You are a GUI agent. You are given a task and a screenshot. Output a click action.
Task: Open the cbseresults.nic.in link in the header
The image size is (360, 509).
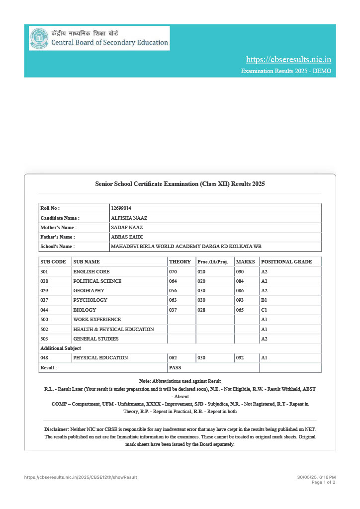pos(288,60)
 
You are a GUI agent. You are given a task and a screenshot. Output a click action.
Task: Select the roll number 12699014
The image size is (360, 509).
pos(121,208)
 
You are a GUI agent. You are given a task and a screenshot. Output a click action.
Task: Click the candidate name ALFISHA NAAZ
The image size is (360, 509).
pos(129,218)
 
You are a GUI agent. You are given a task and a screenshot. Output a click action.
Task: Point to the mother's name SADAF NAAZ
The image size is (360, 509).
pos(127,227)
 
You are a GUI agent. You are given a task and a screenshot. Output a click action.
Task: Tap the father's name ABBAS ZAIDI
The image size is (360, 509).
pos(127,237)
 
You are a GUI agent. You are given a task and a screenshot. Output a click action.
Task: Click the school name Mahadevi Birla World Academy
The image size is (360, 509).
pos(186,247)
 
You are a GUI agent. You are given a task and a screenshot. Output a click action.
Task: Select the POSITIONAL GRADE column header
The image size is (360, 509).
pos(286,261)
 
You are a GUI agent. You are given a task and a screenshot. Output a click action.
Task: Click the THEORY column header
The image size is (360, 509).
pos(180,261)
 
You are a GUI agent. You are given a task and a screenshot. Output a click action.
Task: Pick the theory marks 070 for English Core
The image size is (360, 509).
pos(173,272)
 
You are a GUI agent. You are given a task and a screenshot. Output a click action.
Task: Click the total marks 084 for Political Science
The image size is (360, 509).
pos(240,281)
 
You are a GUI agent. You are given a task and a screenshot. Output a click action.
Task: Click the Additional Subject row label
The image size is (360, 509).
pos(60,348)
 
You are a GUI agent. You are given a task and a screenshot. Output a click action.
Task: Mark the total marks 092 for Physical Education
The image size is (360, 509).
pos(240,358)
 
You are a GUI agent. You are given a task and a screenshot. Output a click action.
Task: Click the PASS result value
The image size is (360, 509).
pos(175,368)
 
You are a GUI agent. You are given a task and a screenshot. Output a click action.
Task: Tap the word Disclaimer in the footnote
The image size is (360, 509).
pos(57,429)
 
